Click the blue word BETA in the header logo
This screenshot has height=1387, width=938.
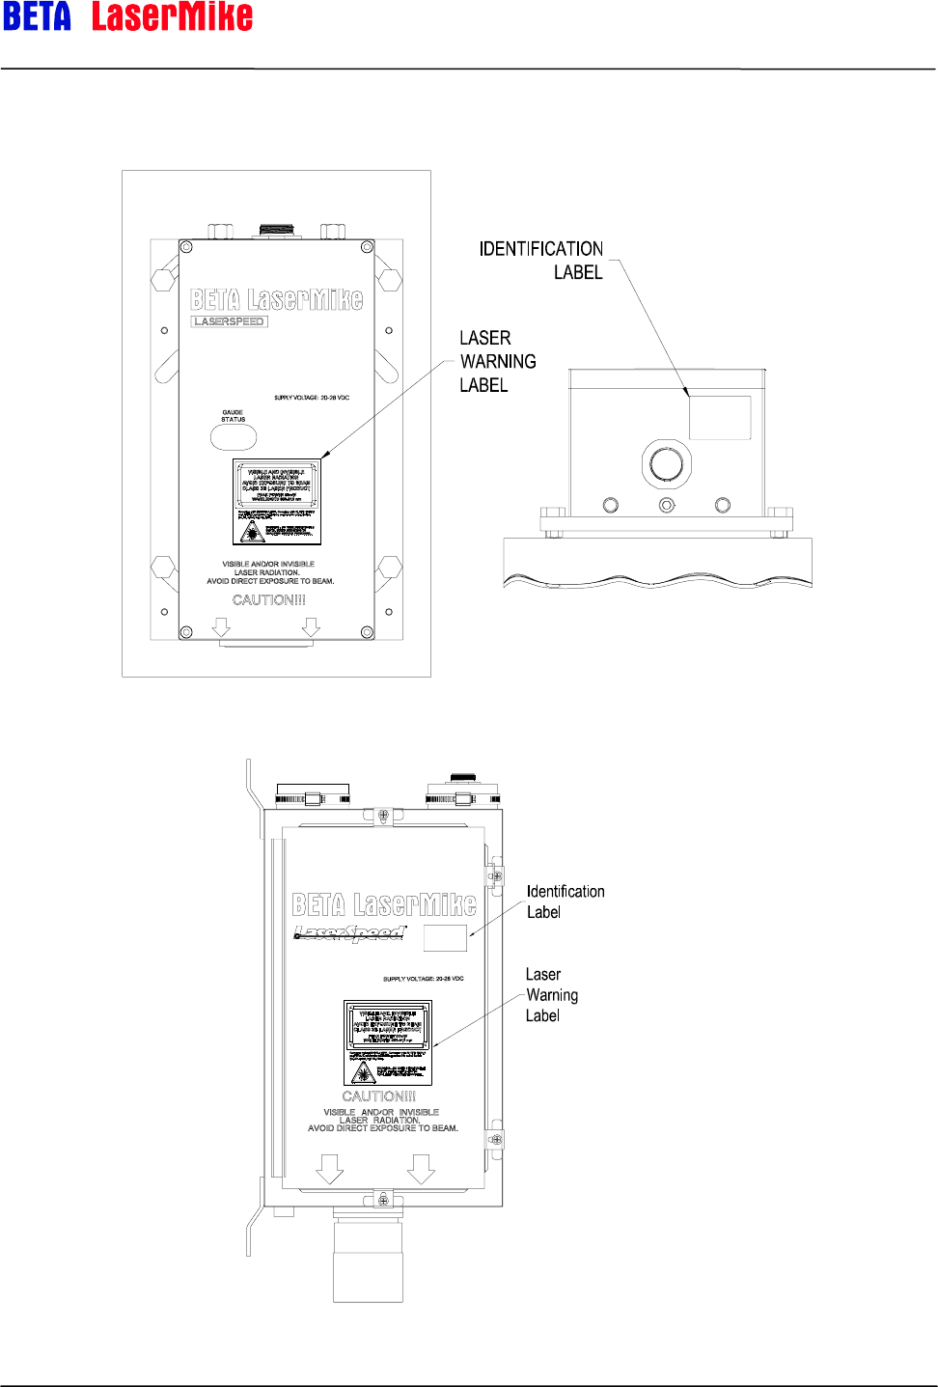pyautogui.click(x=37, y=17)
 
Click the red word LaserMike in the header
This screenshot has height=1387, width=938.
pyautogui.click(x=172, y=17)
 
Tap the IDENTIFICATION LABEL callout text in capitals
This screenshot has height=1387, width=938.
pyautogui.click(x=541, y=261)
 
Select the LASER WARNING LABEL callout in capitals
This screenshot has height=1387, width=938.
pyautogui.click(x=497, y=361)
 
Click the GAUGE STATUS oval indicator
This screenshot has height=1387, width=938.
pyautogui.click(x=234, y=437)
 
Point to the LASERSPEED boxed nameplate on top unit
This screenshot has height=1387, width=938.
pyautogui.click(x=230, y=321)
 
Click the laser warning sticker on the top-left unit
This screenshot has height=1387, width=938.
pyautogui.click(x=277, y=502)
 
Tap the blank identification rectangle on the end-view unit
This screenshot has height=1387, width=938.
pyautogui.click(x=720, y=417)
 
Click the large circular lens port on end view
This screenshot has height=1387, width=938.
pyautogui.click(x=667, y=464)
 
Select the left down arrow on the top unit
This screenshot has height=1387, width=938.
pyautogui.click(x=221, y=627)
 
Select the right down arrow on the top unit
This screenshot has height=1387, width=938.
pyautogui.click(x=310, y=627)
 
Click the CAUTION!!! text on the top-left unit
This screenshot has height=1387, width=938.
pyautogui.click(x=269, y=600)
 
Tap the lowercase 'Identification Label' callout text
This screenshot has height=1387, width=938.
pyautogui.click(x=566, y=902)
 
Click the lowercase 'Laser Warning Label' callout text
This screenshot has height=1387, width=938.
pyautogui.click(x=551, y=995)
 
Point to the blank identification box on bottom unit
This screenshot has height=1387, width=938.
pyautogui.click(x=445, y=937)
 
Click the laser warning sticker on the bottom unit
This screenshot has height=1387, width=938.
pyautogui.click(x=388, y=1042)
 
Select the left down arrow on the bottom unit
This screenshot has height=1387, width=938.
pyautogui.click(x=330, y=1170)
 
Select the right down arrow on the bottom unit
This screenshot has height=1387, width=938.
pyautogui.click(x=421, y=1170)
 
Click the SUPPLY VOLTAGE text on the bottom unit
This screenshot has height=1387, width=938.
pyautogui.click(x=423, y=979)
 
